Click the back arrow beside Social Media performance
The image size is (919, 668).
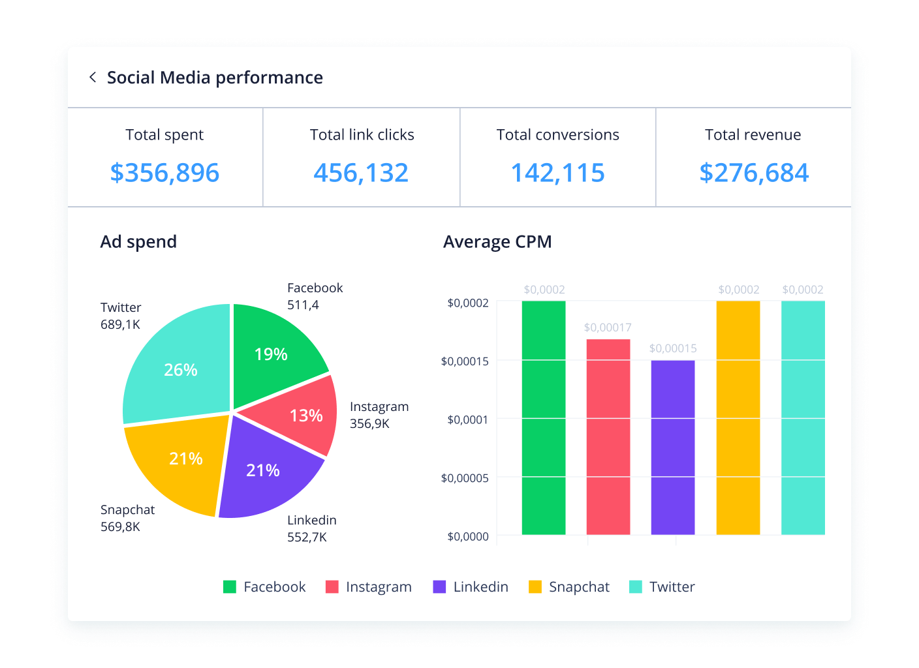pos(93,78)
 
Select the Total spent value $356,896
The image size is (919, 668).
pos(164,173)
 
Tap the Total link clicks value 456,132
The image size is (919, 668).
pos(361,173)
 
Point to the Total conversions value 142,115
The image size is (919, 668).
pos(557,173)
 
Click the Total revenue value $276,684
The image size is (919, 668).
pos(754,173)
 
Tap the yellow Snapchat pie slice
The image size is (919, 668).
pos(179,460)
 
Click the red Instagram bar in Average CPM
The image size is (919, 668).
pos(608,437)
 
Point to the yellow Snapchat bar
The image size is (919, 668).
pos(738,417)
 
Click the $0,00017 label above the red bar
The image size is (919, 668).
pos(608,327)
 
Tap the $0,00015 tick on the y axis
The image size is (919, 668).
pos(465,361)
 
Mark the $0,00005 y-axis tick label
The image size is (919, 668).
pos(465,478)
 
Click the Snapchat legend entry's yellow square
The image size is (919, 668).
pos(535,587)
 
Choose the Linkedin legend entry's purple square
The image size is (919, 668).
pos(439,587)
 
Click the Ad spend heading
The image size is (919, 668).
pos(138,242)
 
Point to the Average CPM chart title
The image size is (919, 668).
pos(497,242)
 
